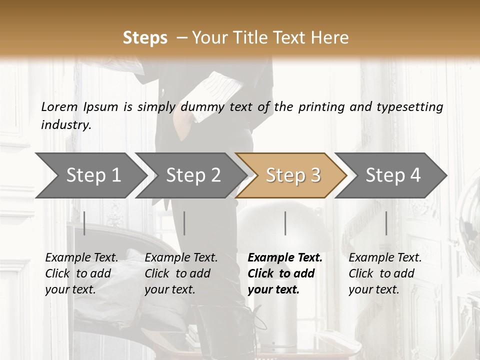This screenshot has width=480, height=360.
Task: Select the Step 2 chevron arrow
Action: point(193,175)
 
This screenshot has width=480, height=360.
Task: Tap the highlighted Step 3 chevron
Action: point(293,175)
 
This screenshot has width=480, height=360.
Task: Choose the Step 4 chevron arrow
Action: point(393,175)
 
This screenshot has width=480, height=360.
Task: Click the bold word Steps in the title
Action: point(145,38)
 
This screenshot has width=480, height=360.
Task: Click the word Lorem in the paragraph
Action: point(59,107)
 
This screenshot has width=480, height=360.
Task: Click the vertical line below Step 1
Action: point(84,223)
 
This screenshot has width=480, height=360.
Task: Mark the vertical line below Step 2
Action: point(184,223)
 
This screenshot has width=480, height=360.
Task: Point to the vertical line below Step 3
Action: point(285,223)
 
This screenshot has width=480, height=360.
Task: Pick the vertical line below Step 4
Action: point(386,223)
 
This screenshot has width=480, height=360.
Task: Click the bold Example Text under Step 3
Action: point(285,258)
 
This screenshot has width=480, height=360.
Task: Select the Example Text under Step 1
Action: point(81,258)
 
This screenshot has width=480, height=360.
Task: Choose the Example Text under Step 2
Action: point(181,258)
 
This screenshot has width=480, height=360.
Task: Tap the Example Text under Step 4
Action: point(385,258)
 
